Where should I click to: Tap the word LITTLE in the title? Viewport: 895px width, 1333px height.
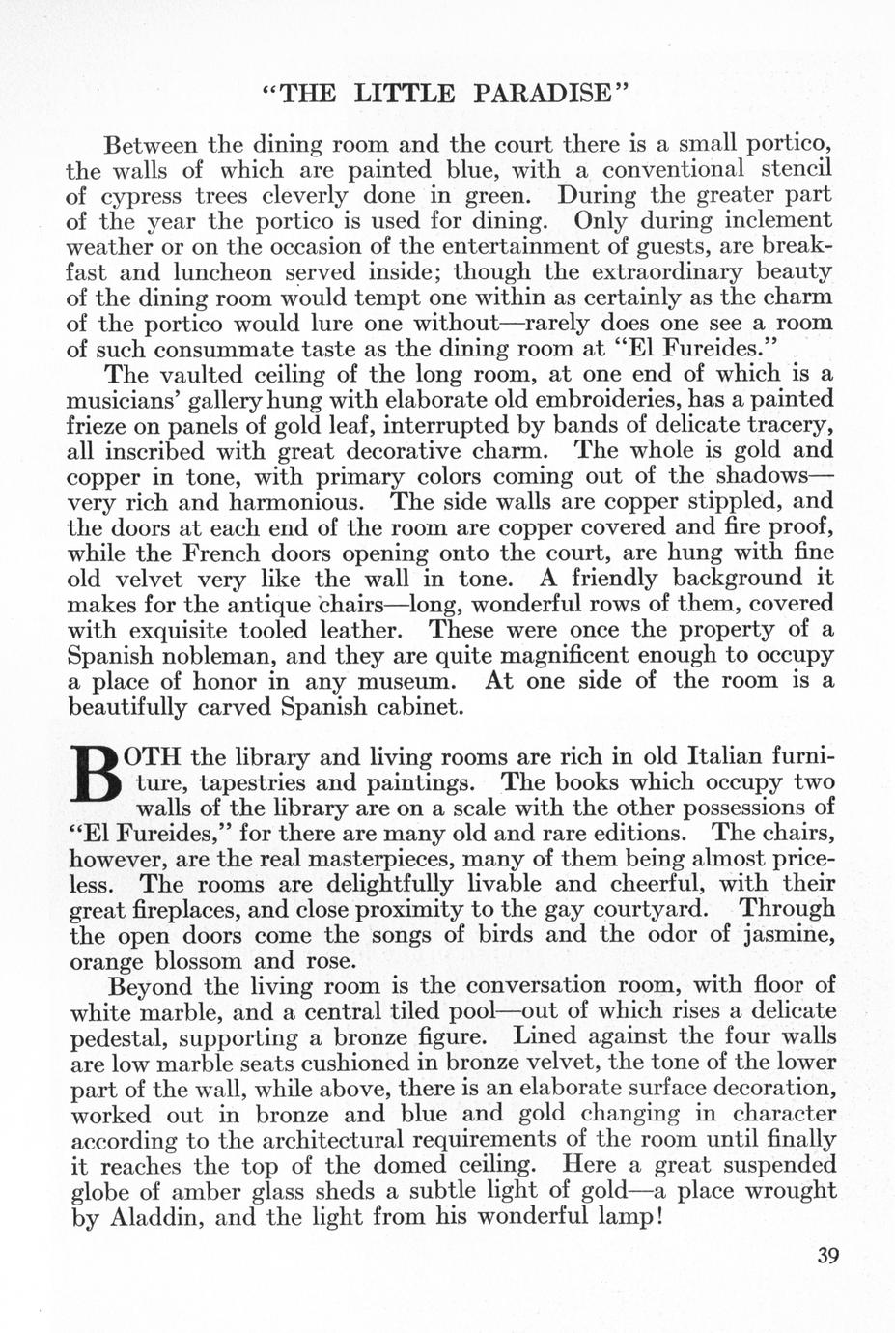[x=404, y=93]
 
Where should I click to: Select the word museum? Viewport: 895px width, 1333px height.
[x=399, y=681]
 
